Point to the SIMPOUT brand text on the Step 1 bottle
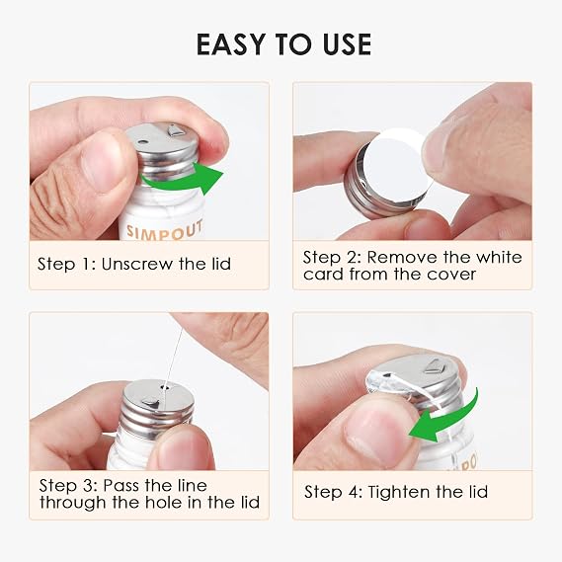point(165,230)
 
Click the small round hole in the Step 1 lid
point(142,142)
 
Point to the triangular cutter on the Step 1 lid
point(176,129)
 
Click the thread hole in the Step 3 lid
point(165,387)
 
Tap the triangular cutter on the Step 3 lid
point(150,403)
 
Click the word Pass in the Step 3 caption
point(120,486)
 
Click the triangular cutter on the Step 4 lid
point(434,366)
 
